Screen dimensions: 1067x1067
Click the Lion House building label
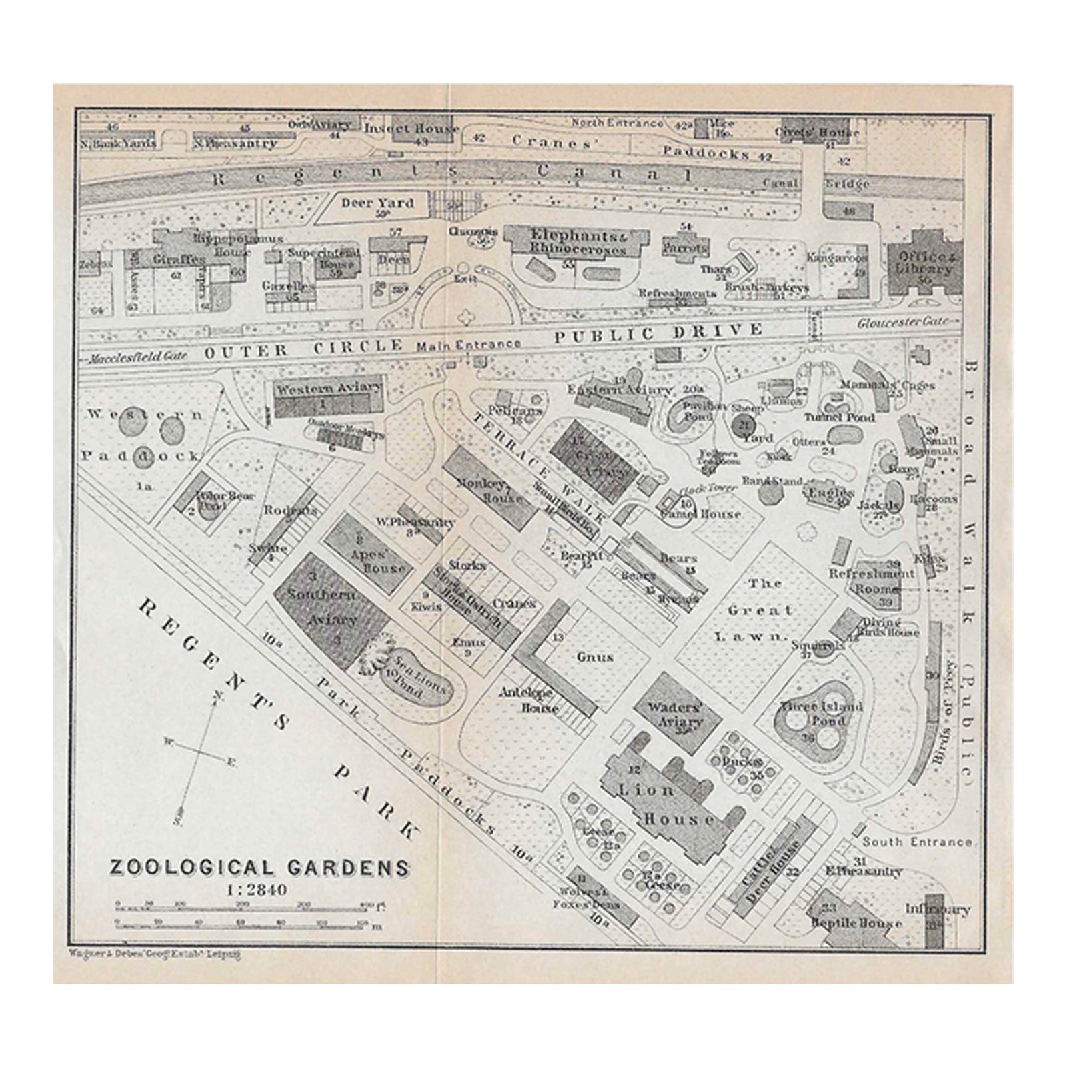675,804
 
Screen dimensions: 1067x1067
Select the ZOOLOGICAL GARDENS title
259,868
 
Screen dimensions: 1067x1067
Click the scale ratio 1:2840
257,890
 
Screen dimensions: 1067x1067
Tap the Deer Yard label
377,203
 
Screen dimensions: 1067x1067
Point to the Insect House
411,129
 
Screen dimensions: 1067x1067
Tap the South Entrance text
916,842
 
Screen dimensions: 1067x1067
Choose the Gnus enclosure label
595,656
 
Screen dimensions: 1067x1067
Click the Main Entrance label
469,345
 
